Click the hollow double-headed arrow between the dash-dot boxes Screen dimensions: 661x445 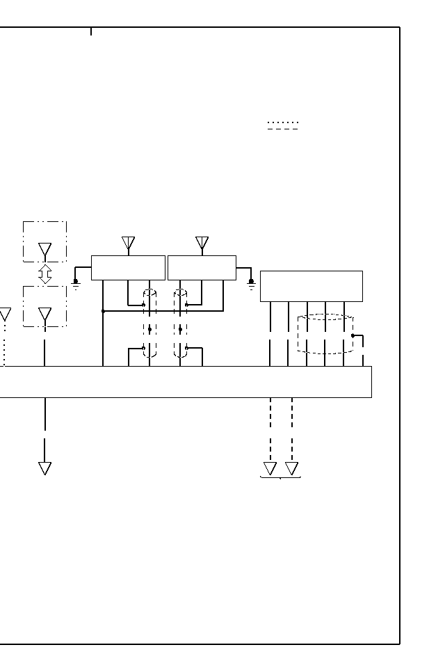click(45, 274)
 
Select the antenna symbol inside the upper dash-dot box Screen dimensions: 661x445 click(45, 250)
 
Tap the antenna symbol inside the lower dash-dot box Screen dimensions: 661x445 click(45, 315)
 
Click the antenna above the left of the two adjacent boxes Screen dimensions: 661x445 click(128, 244)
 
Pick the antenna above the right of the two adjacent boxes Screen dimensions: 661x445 click(202, 244)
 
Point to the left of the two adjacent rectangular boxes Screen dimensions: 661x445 click(128, 268)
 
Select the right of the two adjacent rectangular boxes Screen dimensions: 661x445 click(202, 268)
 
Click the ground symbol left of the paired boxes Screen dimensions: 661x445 click(76, 284)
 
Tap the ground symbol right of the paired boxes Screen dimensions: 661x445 click(252, 284)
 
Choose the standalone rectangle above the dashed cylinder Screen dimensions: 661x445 click(311, 286)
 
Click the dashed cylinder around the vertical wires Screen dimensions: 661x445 click(325, 334)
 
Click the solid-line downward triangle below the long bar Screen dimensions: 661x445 click(45, 468)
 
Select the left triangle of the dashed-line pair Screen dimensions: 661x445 click(270, 468)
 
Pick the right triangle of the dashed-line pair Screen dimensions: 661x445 click(292, 468)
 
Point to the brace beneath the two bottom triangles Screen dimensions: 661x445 click(280, 478)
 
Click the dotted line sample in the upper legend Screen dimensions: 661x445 click(283, 122)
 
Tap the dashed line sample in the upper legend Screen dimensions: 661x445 click(283, 129)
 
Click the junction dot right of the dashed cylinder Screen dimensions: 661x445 click(353, 335)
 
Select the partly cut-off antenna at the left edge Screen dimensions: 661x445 click(4, 314)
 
